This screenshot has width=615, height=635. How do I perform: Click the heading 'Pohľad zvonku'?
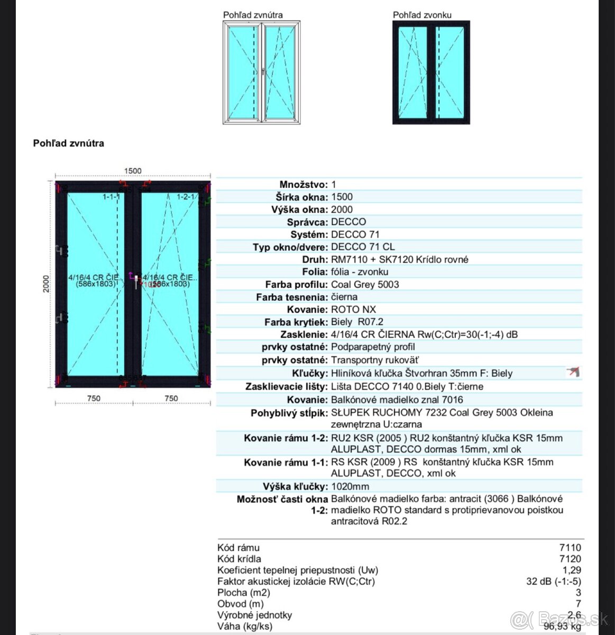(x=422, y=15)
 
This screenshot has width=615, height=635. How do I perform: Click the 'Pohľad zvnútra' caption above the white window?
(x=253, y=15)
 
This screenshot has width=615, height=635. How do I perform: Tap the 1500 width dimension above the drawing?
(x=133, y=171)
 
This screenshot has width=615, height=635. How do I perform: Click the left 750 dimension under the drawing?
(x=94, y=398)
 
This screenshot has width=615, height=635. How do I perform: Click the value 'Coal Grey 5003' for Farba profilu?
(x=365, y=284)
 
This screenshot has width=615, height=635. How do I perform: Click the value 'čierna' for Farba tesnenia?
(x=344, y=297)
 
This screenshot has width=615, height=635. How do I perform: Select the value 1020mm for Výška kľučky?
(x=350, y=486)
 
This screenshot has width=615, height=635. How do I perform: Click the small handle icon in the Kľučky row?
(x=573, y=372)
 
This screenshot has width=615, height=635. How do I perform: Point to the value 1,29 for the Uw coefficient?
(x=572, y=570)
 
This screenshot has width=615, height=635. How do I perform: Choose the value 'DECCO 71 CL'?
(x=362, y=247)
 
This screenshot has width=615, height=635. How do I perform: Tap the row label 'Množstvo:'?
(x=303, y=185)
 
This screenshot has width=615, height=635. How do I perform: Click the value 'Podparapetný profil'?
(x=373, y=347)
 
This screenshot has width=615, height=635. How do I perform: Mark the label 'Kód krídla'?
(x=239, y=559)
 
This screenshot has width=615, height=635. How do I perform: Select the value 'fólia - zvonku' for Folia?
(x=360, y=272)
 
